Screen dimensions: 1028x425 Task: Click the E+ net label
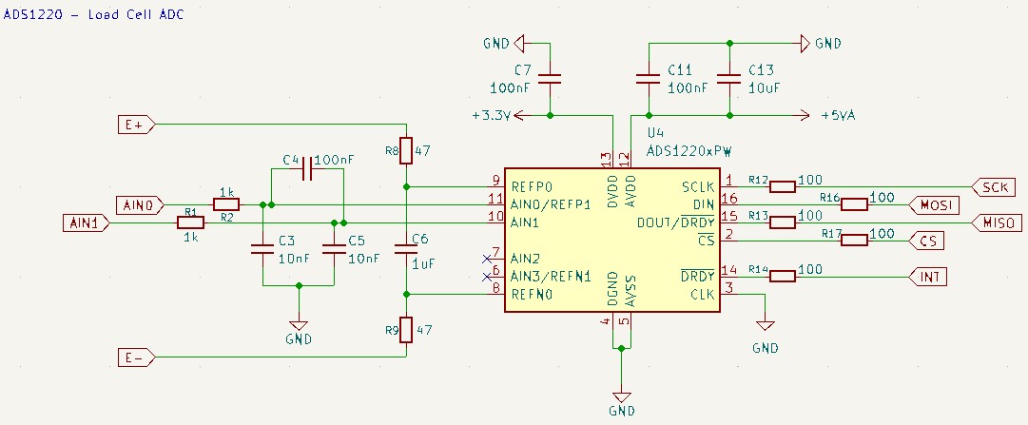136,125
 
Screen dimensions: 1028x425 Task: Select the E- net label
136,357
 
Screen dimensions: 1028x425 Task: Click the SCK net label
994,187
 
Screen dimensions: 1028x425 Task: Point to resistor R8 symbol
406,150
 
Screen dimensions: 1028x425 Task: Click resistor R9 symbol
406,330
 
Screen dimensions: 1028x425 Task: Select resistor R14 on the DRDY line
782,277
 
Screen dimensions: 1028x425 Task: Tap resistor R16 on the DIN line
854,204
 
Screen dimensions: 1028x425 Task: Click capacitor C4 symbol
307,173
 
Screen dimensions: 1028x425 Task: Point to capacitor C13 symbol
729,79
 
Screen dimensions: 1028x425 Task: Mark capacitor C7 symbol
550,79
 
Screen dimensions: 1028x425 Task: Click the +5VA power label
839,116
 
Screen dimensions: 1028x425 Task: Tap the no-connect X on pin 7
487,258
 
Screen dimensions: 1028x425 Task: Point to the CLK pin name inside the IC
702,295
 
